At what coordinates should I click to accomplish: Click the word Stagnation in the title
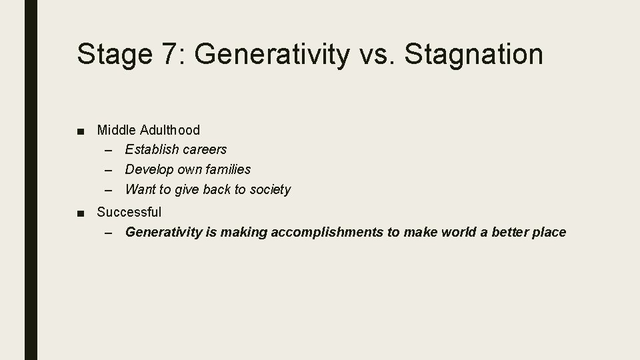473,55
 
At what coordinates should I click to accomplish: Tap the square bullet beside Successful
81,213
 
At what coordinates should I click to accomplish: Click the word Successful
129,213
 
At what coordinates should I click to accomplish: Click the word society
270,190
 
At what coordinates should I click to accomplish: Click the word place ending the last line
549,233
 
